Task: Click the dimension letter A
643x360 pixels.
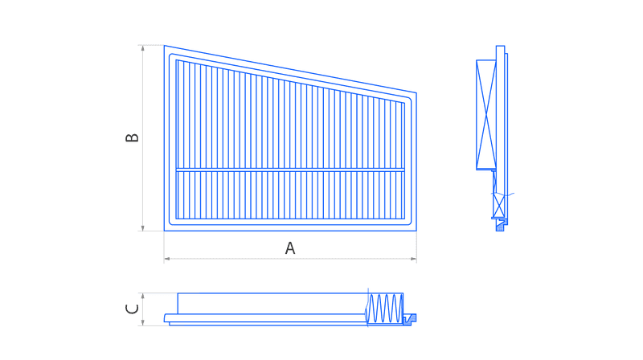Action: pos(290,248)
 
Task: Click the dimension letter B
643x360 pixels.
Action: pos(132,137)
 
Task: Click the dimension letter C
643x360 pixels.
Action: pos(132,309)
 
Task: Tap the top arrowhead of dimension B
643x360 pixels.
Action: pos(143,48)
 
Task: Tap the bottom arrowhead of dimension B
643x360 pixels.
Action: pos(143,228)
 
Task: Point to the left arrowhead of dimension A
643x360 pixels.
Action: pos(167,259)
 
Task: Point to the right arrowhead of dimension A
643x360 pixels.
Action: pos(413,259)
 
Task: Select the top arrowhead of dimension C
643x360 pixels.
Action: pos(143,296)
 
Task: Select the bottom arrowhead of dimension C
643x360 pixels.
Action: pos(143,323)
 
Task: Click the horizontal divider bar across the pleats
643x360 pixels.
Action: pos(290,170)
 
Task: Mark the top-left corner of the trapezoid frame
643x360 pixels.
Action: pos(165,46)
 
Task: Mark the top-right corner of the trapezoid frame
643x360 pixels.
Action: pos(416,93)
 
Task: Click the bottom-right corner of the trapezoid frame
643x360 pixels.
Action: pos(416,231)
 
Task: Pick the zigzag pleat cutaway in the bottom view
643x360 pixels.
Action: pos(384,308)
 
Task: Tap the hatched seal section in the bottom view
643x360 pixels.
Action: pos(410,319)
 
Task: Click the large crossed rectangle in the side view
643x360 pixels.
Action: pos(486,115)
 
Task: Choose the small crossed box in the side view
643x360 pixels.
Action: pos(498,206)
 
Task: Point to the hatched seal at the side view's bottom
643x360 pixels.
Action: pos(501,225)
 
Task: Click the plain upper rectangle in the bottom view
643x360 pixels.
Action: pos(272,304)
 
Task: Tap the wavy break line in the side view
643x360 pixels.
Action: pos(503,194)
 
